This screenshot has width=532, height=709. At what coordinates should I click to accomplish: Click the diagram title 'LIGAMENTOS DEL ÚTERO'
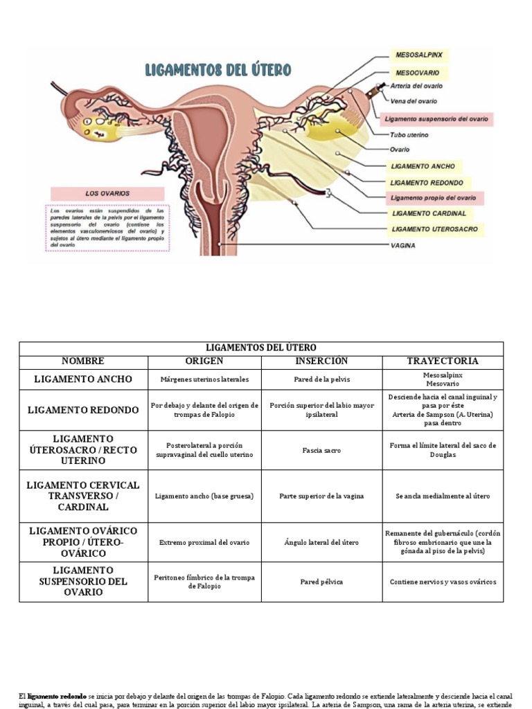(218, 70)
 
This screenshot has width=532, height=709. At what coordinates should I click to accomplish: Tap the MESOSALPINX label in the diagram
(419, 53)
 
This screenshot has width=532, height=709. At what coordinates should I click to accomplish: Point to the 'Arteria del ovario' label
(416, 86)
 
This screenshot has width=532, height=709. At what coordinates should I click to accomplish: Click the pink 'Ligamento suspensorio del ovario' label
(436, 119)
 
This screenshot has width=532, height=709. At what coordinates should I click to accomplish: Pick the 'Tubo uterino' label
(409, 135)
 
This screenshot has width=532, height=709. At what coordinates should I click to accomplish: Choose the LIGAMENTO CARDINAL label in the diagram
(429, 213)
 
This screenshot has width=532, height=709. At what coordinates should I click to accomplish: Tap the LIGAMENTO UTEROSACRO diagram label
(434, 229)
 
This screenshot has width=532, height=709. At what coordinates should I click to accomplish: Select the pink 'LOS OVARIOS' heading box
(107, 193)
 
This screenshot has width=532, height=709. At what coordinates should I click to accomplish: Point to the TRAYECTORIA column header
(443, 361)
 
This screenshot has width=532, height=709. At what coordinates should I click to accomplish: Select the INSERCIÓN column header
(321, 361)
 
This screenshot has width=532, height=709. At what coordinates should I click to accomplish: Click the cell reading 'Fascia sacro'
(321, 451)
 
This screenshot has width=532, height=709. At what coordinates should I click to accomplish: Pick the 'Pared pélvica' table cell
(321, 582)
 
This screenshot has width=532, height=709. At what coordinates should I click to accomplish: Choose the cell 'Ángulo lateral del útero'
(321, 543)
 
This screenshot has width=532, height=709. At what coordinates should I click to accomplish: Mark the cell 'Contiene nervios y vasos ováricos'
(443, 582)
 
